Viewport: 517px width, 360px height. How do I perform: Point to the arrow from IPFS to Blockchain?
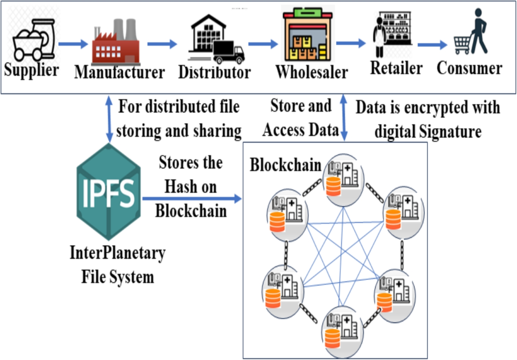(x=192, y=198)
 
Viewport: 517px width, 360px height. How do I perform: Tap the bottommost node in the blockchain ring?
(x=341, y=332)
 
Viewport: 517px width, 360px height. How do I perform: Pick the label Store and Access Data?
(x=300, y=118)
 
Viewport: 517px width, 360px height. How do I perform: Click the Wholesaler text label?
(x=311, y=72)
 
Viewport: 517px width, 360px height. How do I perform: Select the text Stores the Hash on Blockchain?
(x=191, y=187)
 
